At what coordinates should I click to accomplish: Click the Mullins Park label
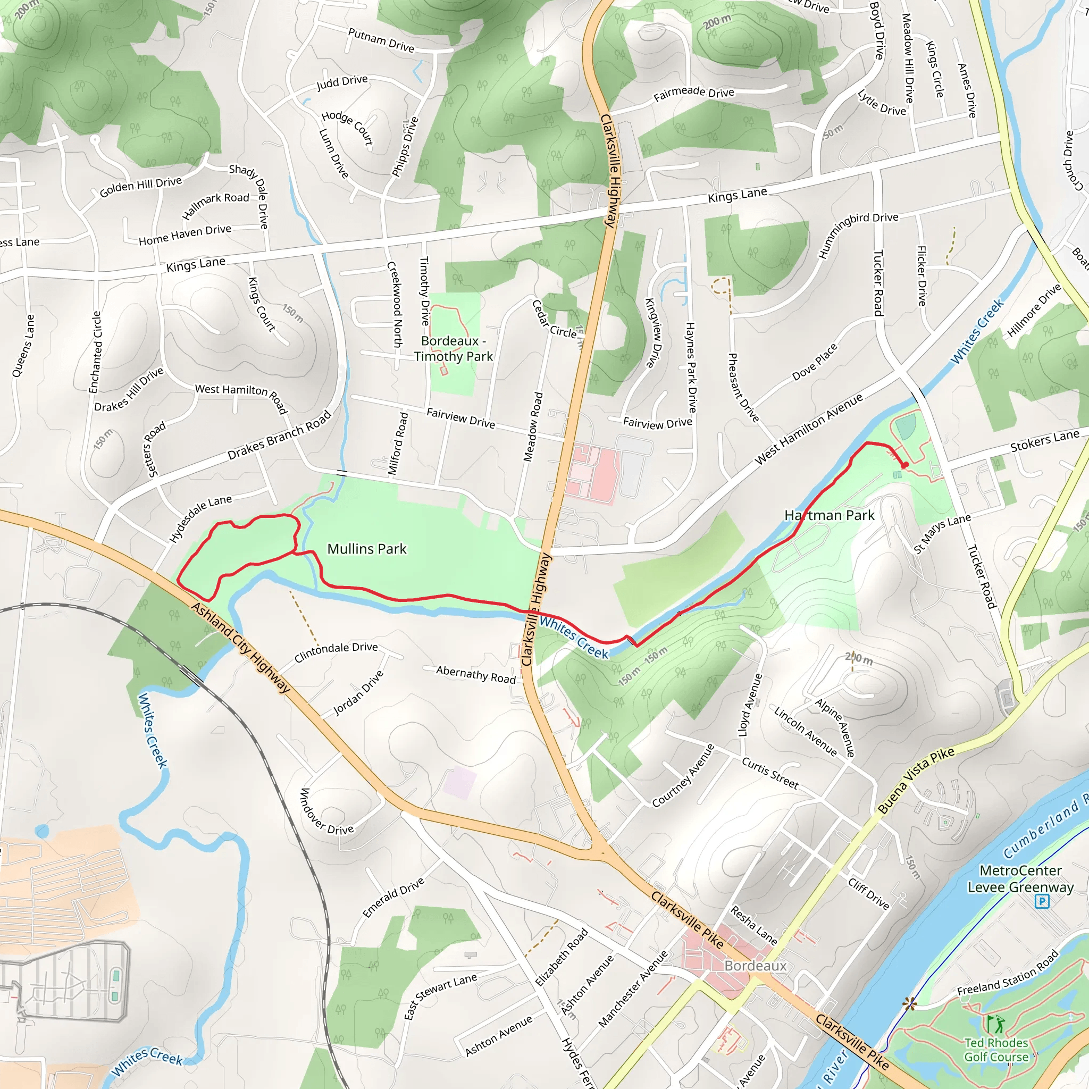pyautogui.click(x=366, y=549)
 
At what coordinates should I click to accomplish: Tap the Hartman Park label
pyautogui.click(x=829, y=515)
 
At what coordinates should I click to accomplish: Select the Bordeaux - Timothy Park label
pyautogui.click(x=453, y=348)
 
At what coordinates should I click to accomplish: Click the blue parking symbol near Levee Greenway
pyautogui.click(x=1042, y=902)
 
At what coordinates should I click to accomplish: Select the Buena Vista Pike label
pyautogui.click(x=916, y=780)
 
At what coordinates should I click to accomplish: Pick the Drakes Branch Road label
pyautogui.click(x=279, y=435)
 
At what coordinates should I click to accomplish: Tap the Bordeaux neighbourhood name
pyautogui.click(x=755, y=966)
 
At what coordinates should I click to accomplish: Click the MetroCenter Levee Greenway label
pyautogui.click(x=1020, y=879)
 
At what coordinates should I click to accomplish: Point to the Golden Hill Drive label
pyautogui.click(x=140, y=187)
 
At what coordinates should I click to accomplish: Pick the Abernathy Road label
pyautogui.click(x=476, y=674)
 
